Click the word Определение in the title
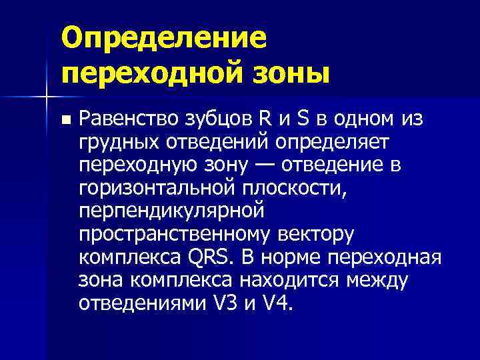click(x=163, y=39)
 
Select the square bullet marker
click(x=65, y=121)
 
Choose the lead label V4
click(x=278, y=302)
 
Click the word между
click(x=378, y=279)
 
